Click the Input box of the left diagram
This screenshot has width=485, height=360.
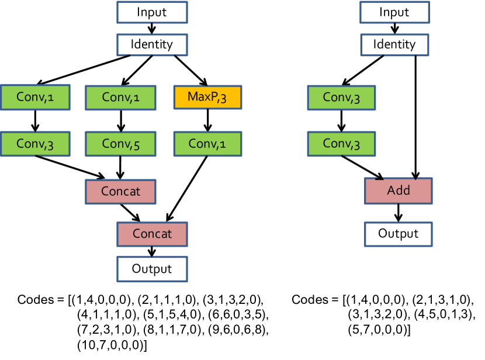click(x=152, y=12)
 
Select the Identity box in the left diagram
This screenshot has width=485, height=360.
click(x=152, y=44)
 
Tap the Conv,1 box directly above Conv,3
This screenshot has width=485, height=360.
click(x=35, y=97)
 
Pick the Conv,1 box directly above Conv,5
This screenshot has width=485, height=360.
click(x=120, y=97)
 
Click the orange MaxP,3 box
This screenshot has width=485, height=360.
click(x=207, y=97)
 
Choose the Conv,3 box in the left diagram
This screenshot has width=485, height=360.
click(x=35, y=144)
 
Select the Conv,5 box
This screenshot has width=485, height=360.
click(x=120, y=144)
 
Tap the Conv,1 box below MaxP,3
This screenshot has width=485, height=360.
click(x=207, y=144)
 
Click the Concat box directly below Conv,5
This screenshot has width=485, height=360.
click(x=120, y=192)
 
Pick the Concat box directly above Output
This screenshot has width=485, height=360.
click(x=152, y=234)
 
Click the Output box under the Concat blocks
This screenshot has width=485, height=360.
click(x=152, y=269)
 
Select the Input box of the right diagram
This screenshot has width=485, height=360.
click(x=394, y=12)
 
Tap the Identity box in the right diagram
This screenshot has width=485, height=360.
click(x=394, y=44)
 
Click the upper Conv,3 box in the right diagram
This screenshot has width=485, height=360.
click(x=341, y=98)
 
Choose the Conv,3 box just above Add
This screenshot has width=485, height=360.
click(x=341, y=144)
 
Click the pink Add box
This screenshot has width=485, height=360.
click(x=399, y=191)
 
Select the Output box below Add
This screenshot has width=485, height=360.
click(x=399, y=234)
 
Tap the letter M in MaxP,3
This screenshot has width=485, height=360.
click(x=192, y=97)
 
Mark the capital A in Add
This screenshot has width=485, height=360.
click(x=391, y=191)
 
